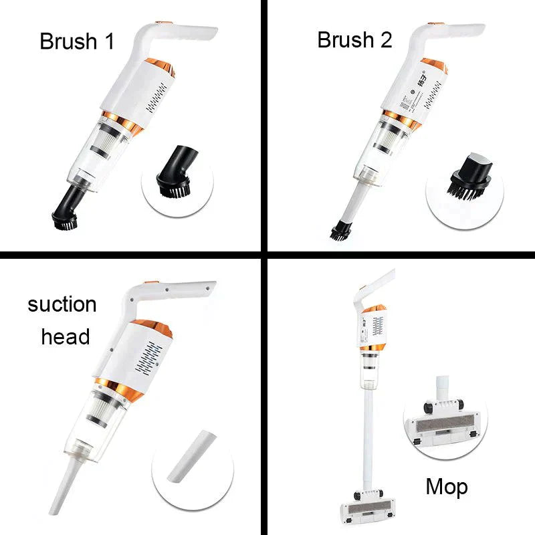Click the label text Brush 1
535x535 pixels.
pyautogui.click(x=77, y=41)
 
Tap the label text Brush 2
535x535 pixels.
pyautogui.click(x=354, y=39)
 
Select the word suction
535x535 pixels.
pyautogui.click(x=62, y=304)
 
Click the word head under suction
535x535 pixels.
pyautogui.click(x=66, y=336)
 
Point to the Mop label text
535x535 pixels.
pyautogui.click(x=447, y=487)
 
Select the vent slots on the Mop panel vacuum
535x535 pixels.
pyautogui.click(x=378, y=327)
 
